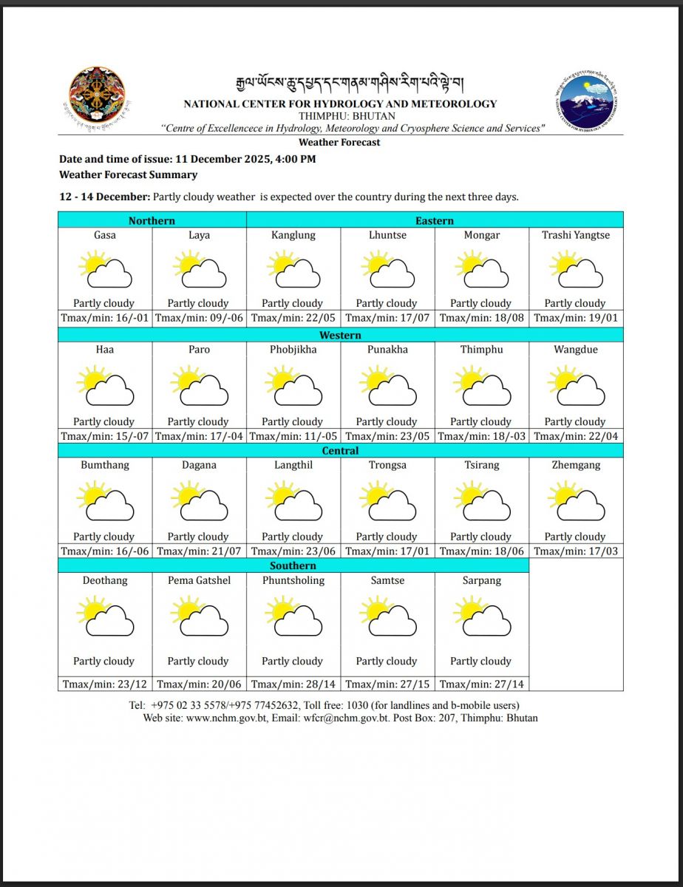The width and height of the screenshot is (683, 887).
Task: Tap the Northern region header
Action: coord(152,220)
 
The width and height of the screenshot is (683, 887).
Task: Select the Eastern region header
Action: coord(435,220)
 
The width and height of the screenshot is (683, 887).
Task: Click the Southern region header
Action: coord(293,565)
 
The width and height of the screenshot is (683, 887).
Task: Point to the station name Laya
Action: coord(199,235)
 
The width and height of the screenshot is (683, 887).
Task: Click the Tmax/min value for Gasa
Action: coord(105,319)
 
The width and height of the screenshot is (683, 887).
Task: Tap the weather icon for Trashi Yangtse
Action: coord(576,269)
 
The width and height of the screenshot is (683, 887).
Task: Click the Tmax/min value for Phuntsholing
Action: coord(293,684)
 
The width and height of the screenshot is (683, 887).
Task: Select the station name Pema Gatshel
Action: coord(199,580)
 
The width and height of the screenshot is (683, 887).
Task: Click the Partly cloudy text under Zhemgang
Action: coord(575,537)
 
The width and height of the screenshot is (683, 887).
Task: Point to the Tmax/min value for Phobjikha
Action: coord(293,436)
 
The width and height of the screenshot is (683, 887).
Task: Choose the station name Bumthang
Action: coord(105,465)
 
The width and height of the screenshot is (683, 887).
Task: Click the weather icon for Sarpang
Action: coord(482,617)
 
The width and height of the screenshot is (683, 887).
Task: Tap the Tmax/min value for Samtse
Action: coord(387,684)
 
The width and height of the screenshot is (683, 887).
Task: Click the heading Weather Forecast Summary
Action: coord(128,175)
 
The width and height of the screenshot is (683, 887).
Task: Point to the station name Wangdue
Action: coord(576,350)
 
